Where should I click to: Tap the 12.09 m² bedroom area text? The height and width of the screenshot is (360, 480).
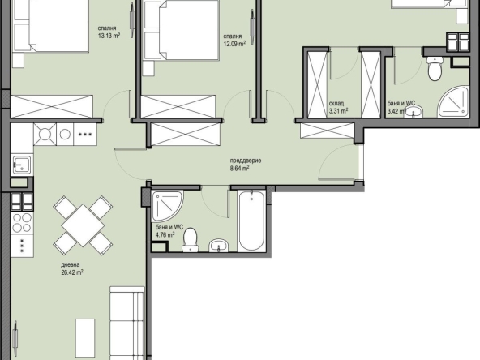(235, 41)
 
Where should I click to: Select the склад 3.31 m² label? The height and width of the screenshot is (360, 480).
(338, 107)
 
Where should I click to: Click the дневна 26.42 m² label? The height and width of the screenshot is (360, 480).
(74, 268)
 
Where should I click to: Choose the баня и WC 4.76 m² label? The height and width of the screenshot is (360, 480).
(166, 232)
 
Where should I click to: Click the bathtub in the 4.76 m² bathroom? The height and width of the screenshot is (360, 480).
(251, 221)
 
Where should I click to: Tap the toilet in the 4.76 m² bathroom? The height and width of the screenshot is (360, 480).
(191, 238)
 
